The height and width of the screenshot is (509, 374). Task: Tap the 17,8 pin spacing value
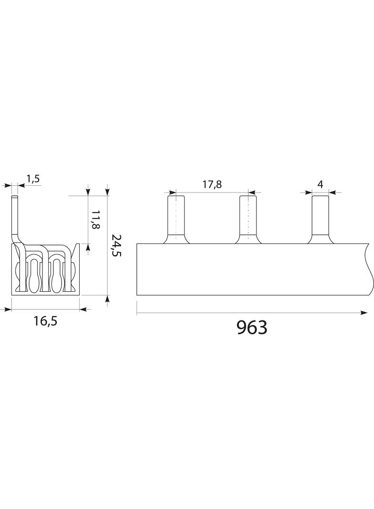[212, 184]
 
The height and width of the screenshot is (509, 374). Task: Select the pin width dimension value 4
[321, 184]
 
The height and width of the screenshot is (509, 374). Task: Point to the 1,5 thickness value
[33, 179]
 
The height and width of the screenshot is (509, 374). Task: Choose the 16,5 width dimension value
[45, 321]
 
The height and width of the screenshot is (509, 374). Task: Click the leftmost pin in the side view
[176, 219]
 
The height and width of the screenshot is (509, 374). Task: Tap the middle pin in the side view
[248, 219]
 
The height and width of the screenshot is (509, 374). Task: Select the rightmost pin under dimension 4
[321, 219]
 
